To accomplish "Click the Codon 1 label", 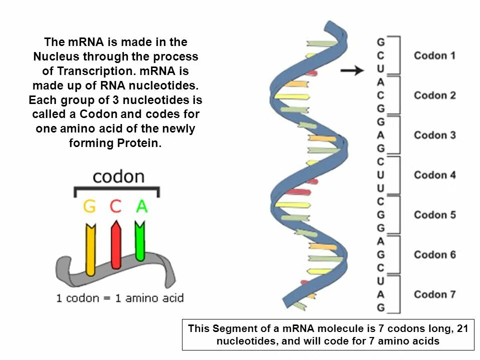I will point(434,55).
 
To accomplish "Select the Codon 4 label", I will point(434,175).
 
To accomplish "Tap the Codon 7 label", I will point(434,294).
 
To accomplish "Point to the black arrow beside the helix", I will point(352,71).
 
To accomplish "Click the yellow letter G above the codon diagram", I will point(89,206).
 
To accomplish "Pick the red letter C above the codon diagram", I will point(115,206).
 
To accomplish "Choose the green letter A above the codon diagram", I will point(142,206).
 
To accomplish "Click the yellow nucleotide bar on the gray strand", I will point(90,250).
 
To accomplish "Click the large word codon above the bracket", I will point(118,176).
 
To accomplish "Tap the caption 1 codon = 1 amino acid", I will point(120,298).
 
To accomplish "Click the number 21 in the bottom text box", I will point(463,329).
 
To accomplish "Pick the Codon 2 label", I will point(434,95).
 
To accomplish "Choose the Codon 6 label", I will point(434,254).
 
